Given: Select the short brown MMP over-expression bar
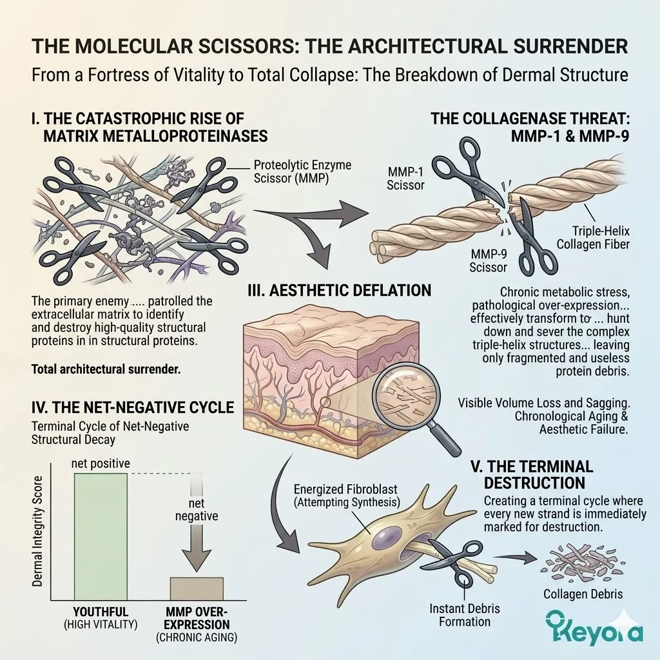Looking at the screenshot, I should [x=197, y=588].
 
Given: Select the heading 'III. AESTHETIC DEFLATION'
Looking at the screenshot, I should [x=340, y=291].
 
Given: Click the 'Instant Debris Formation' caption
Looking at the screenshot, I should [x=460, y=615].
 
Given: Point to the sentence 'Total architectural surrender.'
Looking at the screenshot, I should [x=106, y=371].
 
